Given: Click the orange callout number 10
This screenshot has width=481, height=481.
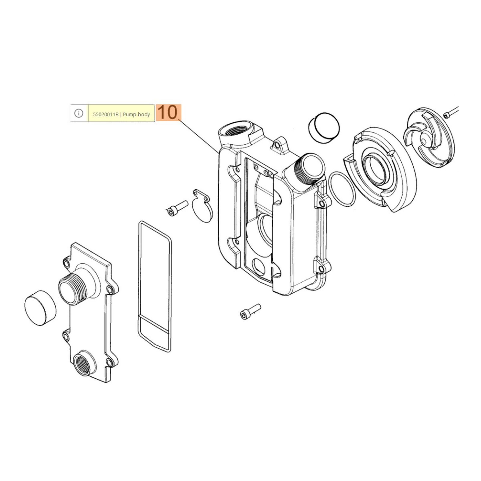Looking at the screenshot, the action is (168, 113).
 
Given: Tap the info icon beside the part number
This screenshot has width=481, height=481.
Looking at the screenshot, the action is (79, 113).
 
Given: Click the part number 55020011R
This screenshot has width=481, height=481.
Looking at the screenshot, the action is (106, 115).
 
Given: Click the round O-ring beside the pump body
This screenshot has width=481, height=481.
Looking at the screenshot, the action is (342, 189).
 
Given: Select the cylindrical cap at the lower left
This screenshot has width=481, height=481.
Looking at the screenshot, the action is (40, 308).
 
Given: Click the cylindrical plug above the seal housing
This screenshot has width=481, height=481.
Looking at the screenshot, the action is (324, 128).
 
